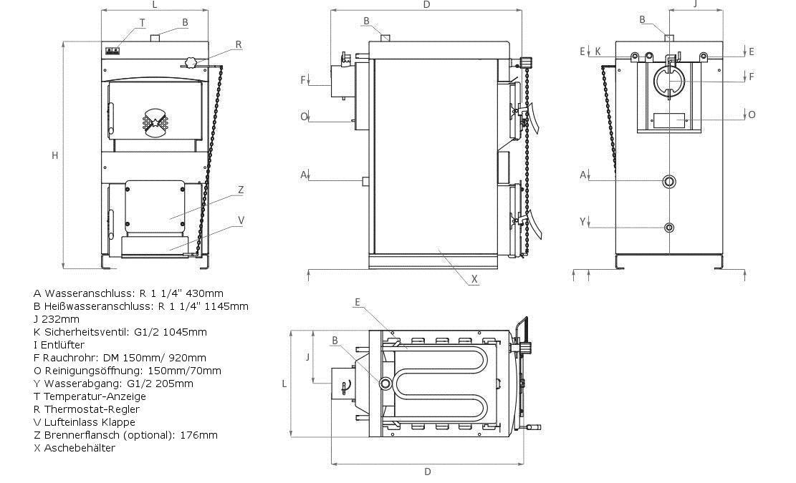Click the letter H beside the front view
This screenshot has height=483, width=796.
pos(54,155)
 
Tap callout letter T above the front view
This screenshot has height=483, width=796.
pos(143,22)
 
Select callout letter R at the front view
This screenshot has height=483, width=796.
pos(239,44)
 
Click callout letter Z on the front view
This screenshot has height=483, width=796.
pos(241,190)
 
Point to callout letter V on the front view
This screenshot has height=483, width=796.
pos(241,220)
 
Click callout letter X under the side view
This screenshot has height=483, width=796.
pos(475,279)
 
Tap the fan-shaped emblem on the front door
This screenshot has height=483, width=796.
pos(155,122)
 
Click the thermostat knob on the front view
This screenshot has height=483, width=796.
pos(191,62)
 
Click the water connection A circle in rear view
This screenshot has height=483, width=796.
pos(669,181)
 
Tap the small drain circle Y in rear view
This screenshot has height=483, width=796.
pos(669,228)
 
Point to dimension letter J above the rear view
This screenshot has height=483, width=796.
pos(695,4)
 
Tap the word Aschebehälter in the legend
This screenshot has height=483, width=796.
pos(80,448)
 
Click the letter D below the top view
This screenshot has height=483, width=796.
pos(428,472)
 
